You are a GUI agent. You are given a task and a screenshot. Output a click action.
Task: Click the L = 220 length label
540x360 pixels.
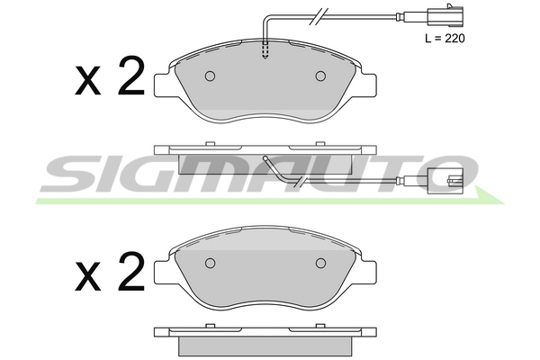(445, 38)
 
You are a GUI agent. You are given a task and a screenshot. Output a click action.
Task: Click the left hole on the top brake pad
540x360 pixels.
(210, 76)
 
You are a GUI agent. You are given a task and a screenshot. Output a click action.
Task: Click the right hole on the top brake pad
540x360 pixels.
(320, 76)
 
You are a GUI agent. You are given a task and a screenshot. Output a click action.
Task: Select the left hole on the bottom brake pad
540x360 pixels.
(210, 264)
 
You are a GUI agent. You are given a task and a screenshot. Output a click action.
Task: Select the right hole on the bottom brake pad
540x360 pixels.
(320, 264)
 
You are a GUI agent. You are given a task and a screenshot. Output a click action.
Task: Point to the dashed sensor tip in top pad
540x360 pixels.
(265, 50)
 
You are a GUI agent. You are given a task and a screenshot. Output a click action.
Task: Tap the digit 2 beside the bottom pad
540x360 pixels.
(130, 271)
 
